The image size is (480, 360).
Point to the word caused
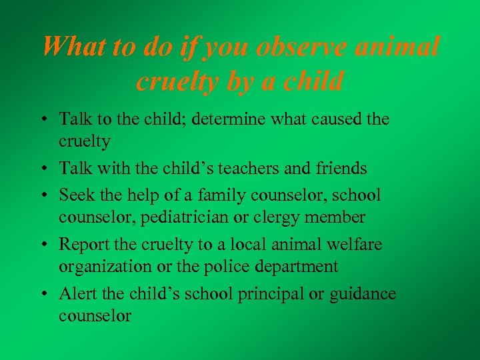[329, 120]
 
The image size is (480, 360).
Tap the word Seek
[76, 195]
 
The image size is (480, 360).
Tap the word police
[225, 267]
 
